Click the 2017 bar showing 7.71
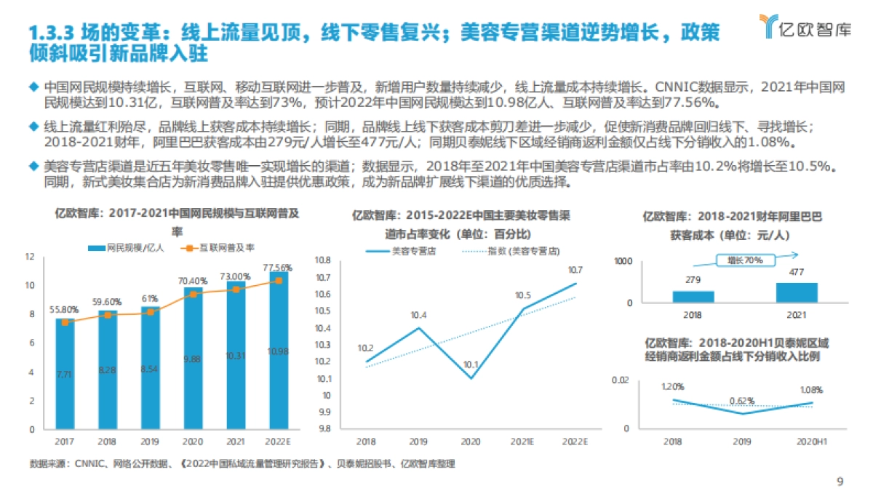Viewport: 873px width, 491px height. coord(65,374)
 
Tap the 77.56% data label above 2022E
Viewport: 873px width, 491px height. coord(277,267)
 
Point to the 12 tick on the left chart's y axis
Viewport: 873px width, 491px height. coord(30,257)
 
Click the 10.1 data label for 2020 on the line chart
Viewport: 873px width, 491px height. coord(471,365)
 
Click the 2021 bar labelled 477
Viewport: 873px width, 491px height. coord(796,292)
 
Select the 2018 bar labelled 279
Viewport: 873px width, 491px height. coord(693,296)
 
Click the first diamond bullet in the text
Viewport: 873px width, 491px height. coord(32,84)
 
